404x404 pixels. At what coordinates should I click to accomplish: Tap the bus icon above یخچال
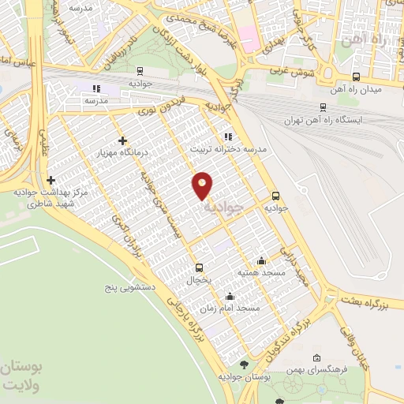[x=199, y=267]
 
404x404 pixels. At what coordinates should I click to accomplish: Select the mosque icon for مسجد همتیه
[x=262, y=261]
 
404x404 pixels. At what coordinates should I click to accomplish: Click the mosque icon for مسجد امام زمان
[x=230, y=297]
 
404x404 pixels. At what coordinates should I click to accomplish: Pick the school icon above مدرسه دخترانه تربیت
[x=228, y=136]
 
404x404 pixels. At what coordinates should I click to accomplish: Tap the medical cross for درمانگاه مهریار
[x=120, y=140]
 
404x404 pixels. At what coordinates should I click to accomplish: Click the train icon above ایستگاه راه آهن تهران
[x=323, y=107]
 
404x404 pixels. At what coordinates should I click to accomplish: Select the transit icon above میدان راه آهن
[x=357, y=77]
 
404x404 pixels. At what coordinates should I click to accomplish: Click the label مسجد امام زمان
[x=230, y=309]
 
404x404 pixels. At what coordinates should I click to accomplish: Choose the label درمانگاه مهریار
[x=115, y=151]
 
